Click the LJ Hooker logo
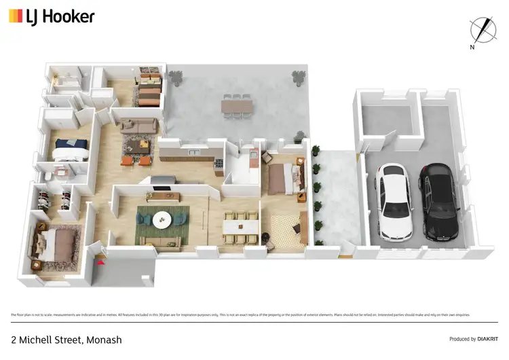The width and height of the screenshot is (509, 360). [51, 16]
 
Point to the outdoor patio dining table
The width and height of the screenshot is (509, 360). [236, 107]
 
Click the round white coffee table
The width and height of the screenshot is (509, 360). [162, 219]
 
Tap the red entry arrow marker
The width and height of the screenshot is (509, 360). [101, 259]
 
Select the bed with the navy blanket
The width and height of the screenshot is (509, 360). [71, 145]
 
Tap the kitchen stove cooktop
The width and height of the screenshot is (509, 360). [217, 164]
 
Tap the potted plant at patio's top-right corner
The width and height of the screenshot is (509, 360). [298, 76]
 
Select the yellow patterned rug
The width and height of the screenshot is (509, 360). [289, 229]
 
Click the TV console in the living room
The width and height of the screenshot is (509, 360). [163, 196]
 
